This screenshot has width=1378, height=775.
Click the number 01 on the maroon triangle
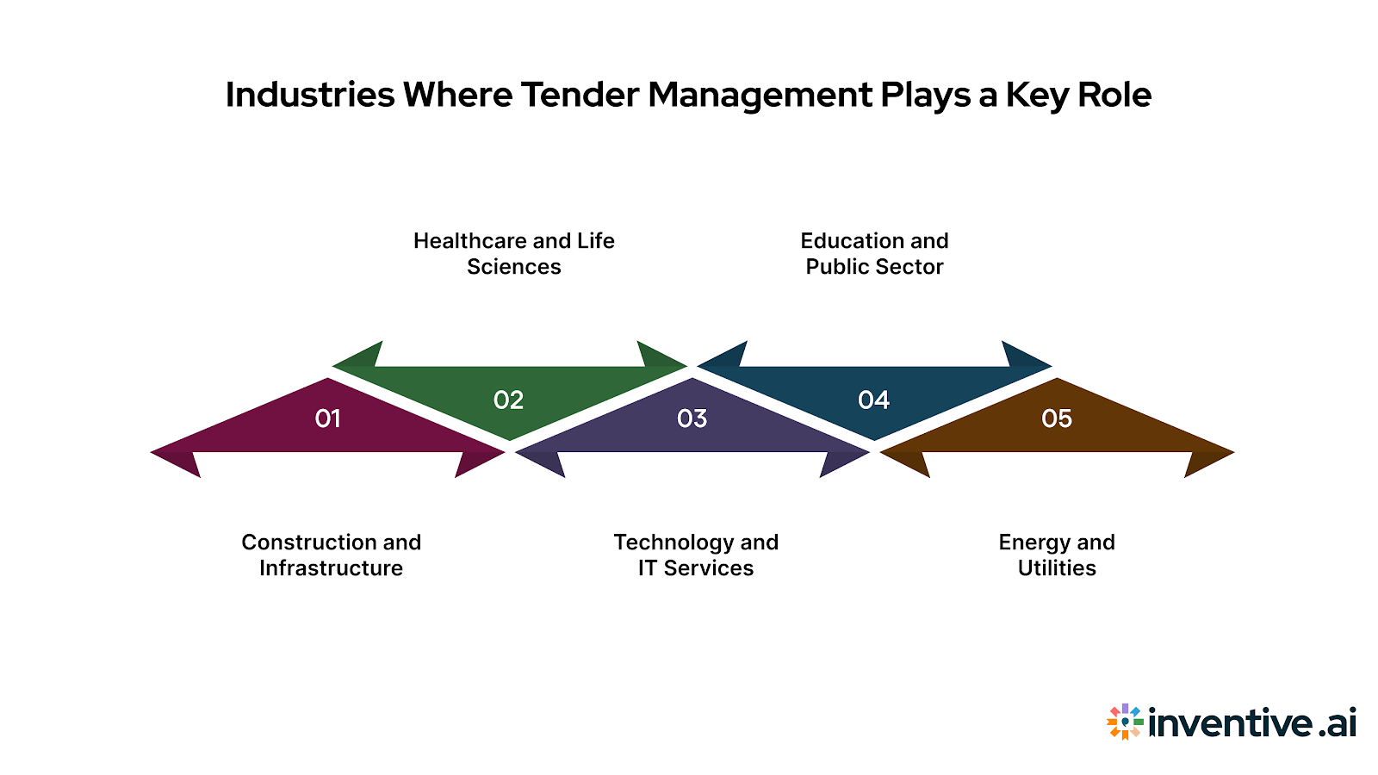click(x=328, y=418)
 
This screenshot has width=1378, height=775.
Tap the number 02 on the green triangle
click(x=508, y=400)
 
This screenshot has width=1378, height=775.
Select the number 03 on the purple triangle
click(x=692, y=418)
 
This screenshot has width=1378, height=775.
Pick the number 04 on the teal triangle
click(x=873, y=400)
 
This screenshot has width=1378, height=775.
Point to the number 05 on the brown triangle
click(x=1057, y=418)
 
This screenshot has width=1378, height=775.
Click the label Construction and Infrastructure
click(x=332, y=555)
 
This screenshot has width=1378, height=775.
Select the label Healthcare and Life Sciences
click(x=514, y=254)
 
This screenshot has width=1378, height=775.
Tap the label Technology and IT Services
click(x=696, y=555)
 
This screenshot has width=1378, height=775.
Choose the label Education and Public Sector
click(x=874, y=254)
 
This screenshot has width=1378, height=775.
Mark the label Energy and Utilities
click(x=1057, y=555)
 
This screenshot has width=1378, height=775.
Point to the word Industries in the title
click(x=310, y=95)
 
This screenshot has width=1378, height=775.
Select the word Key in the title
click(x=1037, y=95)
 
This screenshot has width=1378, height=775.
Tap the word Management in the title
click(x=760, y=95)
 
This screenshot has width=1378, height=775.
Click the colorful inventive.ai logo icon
click(x=1125, y=722)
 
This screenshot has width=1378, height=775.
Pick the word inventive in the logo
click(x=1231, y=722)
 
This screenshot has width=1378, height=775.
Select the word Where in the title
click(x=457, y=95)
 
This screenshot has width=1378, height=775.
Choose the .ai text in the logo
click(x=1338, y=723)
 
